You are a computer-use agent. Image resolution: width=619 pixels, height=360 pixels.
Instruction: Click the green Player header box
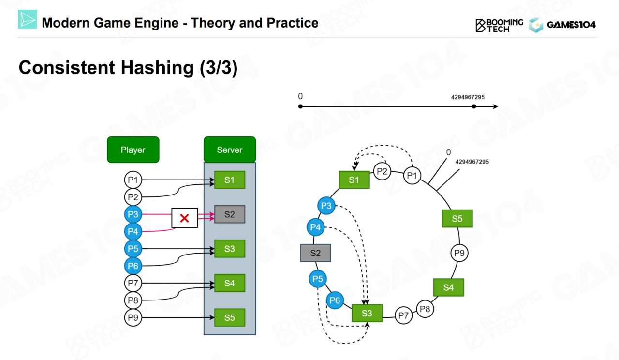tap(133, 150)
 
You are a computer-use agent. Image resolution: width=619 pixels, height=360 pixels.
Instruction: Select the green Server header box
tap(229, 150)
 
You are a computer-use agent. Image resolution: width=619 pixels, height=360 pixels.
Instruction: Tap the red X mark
tap(184, 218)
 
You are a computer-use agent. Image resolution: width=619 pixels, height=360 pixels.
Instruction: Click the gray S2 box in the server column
tap(230, 214)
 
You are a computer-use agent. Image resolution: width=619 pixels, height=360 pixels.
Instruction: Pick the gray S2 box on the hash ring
tap(315, 253)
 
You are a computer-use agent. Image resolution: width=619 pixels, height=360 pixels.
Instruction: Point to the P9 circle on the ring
tap(459, 253)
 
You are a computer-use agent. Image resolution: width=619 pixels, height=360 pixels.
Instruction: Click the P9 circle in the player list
tap(133, 317)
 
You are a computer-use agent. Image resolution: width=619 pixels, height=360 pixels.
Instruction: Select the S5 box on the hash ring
tap(457, 219)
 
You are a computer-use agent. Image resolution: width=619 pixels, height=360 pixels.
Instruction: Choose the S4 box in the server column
tap(230, 283)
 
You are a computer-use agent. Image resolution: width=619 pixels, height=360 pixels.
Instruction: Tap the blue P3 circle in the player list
tap(133, 214)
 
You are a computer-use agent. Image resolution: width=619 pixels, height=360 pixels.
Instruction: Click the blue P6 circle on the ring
tap(335, 300)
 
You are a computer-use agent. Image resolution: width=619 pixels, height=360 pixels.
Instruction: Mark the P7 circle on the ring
tap(403, 316)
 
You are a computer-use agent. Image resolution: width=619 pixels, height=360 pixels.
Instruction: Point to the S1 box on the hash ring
tap(354, 180)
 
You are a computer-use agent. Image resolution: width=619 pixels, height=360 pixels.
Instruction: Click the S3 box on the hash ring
tap(367, 313)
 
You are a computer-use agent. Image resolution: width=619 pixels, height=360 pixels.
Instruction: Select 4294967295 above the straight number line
tap(468, 97)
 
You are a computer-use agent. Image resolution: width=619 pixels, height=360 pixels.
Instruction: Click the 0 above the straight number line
tap(300, 97)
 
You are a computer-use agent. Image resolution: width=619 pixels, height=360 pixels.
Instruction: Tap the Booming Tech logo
tap(499, 25)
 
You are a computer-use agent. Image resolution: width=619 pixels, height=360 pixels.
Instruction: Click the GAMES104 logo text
tap(571, 25)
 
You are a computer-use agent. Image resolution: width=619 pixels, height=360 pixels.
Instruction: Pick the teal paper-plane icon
tap(28, 19)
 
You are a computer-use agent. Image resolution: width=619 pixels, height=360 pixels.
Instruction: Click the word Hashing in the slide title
tap(157, 68)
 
